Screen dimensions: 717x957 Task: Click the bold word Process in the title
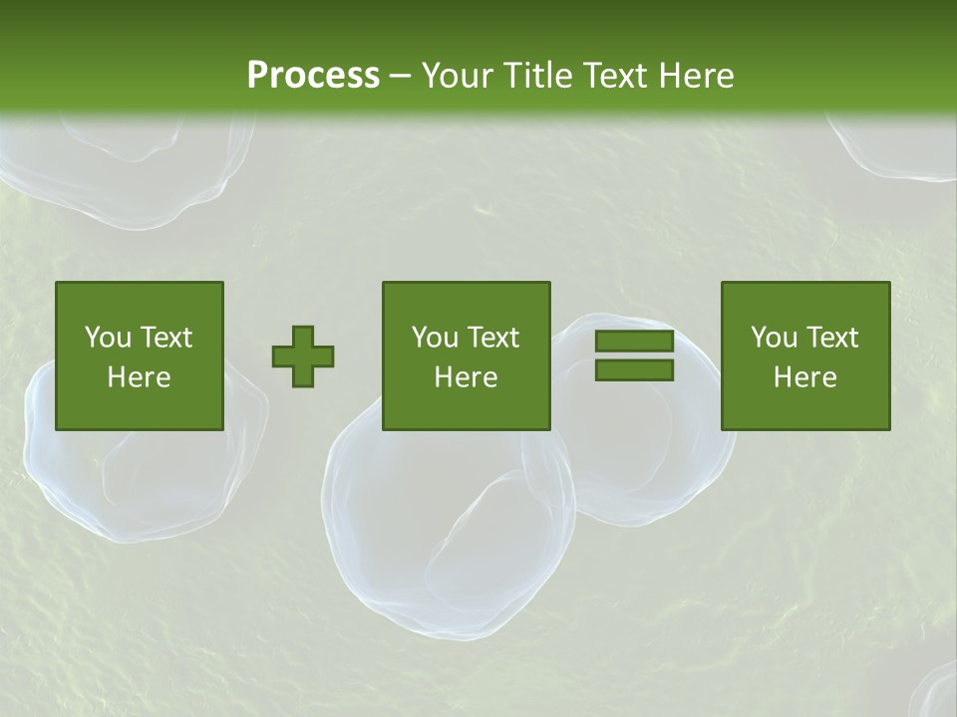[313, 76]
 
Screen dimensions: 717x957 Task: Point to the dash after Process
[401, 77]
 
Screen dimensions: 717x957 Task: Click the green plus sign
[303, 357]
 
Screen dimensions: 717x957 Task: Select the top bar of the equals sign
[634, 342]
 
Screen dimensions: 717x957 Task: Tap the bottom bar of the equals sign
[634, 370]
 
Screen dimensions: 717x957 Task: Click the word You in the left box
[107, 338]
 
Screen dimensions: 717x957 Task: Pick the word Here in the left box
[139, 377]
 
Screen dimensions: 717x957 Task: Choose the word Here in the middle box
[466, 377]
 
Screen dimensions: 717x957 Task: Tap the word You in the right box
[773, 338]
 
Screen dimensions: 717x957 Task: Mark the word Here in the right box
[804, 377]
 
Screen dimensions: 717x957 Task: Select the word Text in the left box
[165, 338]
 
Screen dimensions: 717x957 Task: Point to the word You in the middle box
[434, 338]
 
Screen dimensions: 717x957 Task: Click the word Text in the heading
[612, 76]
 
